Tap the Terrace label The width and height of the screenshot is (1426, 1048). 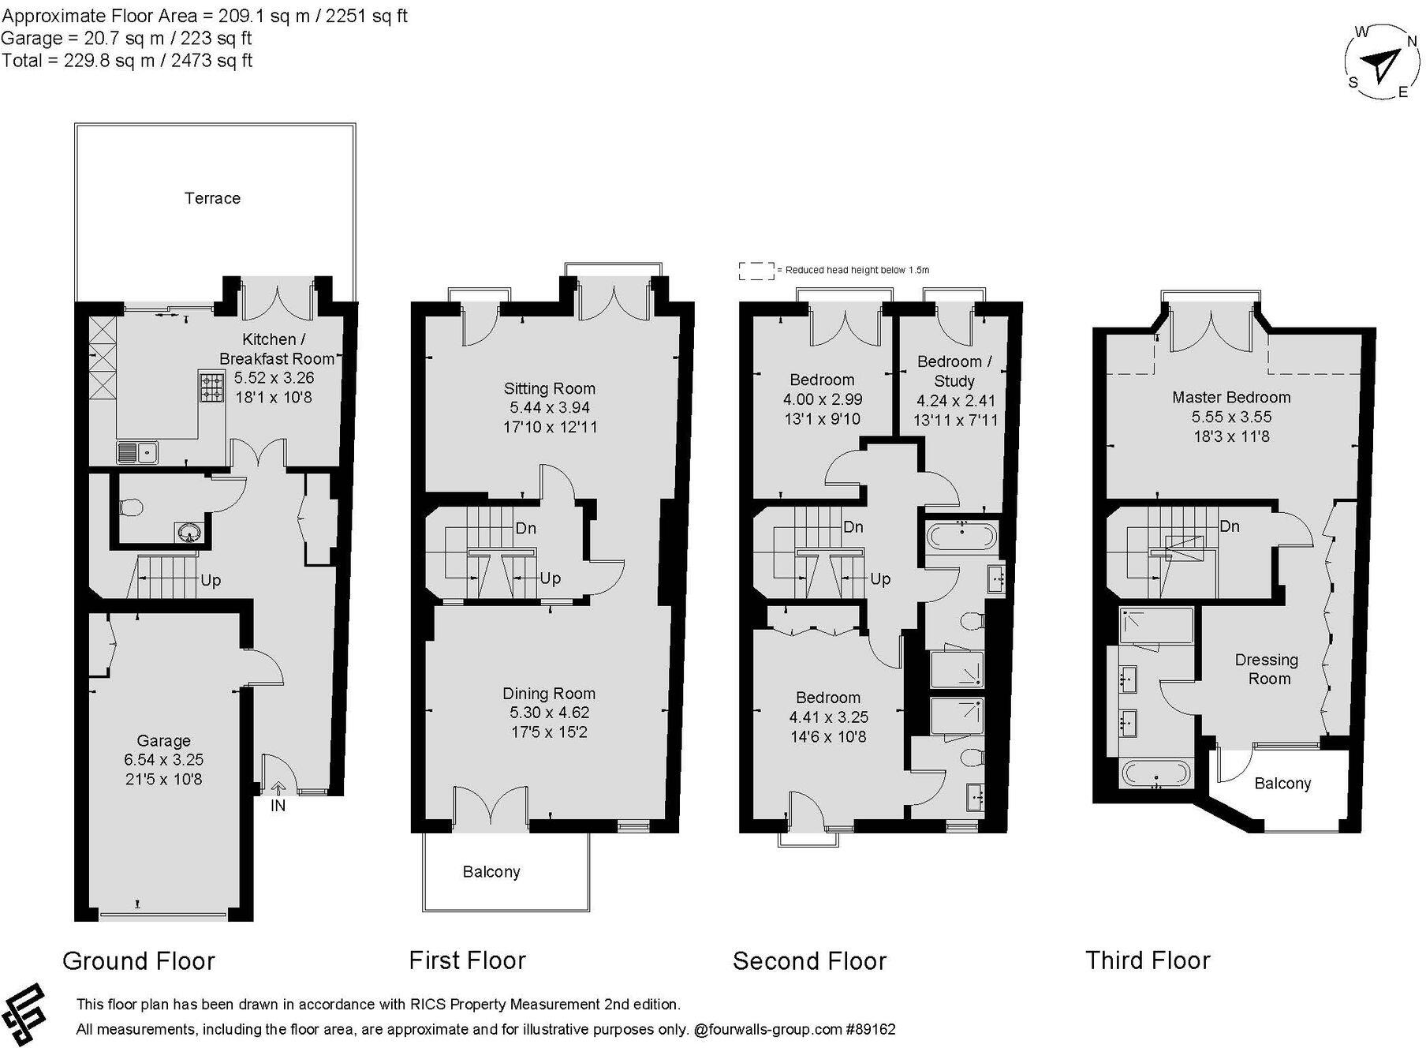pyautogui.click(x=212, y=198)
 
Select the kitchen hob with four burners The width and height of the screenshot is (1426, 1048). pyautogui.click(x=211, y=387)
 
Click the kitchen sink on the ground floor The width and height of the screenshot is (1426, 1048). pyautogui.click(x=138, y=452)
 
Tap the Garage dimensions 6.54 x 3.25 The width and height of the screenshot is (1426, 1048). pyautogui.click(x=163, y=760)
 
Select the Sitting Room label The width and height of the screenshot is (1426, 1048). pyautogui.click(x=549, y=388)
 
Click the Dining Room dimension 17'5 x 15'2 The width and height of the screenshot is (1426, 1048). pyautogui.click(x=548, y=732)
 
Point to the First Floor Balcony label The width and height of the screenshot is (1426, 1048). pyautogui.click(x=491, y=871)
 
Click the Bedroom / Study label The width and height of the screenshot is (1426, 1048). pyautogui.click(x=954, y=371)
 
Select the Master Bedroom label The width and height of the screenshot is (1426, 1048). pyautogui.click(x=1230, y=397)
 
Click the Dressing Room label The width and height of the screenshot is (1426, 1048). pyautogui.click(x=1267, y=668)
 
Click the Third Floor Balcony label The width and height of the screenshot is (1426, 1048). pyautogui.click(x=1282, y=783)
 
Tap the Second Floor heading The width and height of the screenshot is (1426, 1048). pyautogui.click(x=809, y=960)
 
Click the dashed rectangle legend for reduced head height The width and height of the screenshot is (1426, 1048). pyautogui.click(x=756, y=271)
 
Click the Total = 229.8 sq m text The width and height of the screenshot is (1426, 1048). pyautogui.click(x=126, y=61)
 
